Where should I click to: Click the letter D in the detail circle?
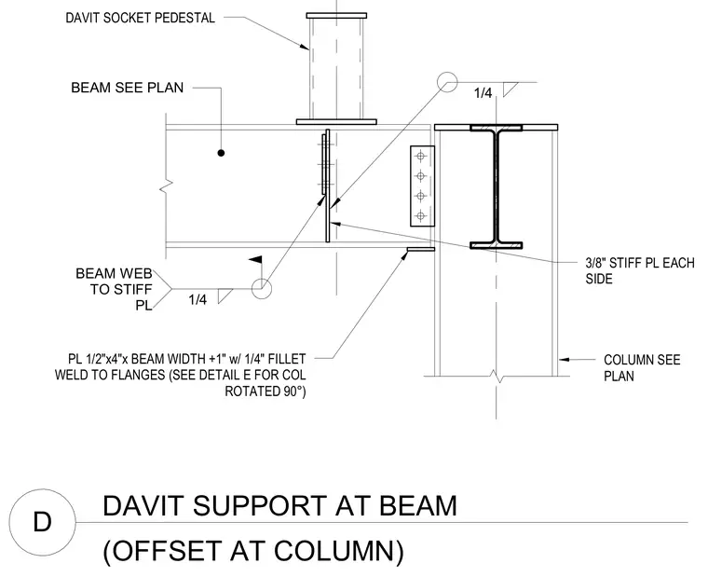tap(43, 522)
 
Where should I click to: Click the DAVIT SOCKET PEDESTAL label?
tap(140, 18)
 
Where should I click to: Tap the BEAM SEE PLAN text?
tap(128, 88)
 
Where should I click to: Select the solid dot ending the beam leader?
tap(221, 153)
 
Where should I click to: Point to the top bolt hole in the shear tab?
tap(421, 157)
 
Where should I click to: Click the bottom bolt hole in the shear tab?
tap(421, 216)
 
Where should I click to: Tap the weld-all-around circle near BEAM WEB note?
tap(262, 289)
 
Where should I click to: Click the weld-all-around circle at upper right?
tap(447, 82)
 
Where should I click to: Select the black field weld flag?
tap(256, 260)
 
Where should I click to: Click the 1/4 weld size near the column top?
tap(483, 93)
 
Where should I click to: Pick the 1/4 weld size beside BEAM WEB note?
tap(197, 299)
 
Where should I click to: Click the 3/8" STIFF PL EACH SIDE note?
tap(640, 270)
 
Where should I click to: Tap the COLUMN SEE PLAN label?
tap(642, 368)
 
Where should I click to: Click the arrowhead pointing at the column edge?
tap(563, 360)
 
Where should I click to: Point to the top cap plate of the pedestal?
tap(336, 16)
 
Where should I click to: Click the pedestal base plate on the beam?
tap(336, 122)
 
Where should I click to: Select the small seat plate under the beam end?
tap(421, 249)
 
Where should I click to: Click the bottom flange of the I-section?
tap(497, 245)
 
